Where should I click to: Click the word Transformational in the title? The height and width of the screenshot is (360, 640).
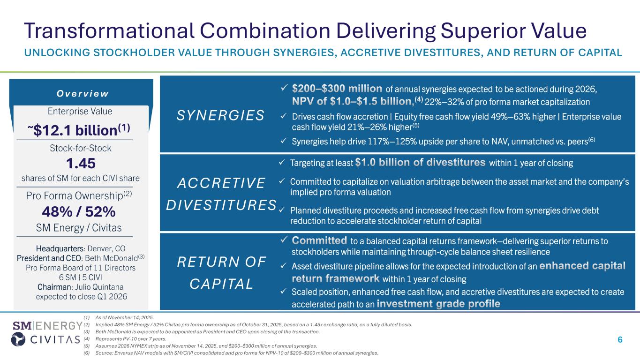(x=109, y=30)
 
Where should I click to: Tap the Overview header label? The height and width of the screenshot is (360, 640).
(x=83, y=93)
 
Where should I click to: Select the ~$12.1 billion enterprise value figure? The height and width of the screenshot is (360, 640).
(x=79, y=130)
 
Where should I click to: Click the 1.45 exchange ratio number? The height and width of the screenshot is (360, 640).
(x=81, y=163)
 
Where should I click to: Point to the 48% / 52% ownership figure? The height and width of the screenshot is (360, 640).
(x=79, y=212)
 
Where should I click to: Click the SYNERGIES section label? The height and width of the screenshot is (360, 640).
(x=220, y=115)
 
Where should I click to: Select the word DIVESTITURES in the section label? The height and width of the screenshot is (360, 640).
(x=221, y=205)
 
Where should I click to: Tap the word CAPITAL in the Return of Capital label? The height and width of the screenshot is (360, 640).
(x=221, y=284)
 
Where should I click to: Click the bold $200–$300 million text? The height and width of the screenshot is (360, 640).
(x=337, y=89)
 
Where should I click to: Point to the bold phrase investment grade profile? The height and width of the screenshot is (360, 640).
(x=438, y=303)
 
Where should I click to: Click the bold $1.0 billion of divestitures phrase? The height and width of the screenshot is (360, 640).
(x=420, y=162)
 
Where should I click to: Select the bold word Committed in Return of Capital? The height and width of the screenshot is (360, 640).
(x=319, y=240)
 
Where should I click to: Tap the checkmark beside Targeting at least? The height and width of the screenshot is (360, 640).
(x=282, y=163)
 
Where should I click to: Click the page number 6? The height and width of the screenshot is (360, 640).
(x=620, y=339)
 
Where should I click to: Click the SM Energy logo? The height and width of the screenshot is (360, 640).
(x=48, y=326)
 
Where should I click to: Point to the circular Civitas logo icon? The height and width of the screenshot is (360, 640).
(x=18, y=339)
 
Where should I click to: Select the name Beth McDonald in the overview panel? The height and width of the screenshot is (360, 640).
(x=112, y=258)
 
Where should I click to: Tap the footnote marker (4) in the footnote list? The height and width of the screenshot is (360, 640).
(x=87, y=339)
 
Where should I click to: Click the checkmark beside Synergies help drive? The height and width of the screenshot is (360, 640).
(x=283, y=141)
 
